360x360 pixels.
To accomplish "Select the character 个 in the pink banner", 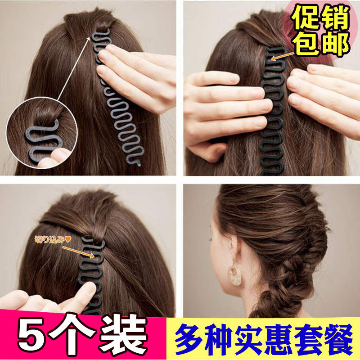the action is (x=73, y=335).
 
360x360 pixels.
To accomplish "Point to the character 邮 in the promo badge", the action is (x=335, y=44).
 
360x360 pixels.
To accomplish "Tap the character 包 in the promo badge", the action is (x=307, y=44).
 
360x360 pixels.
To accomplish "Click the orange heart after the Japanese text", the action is (x=68, y=239).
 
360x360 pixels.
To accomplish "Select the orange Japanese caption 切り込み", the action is (x=49, y=239).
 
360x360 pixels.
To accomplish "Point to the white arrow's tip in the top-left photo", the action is (x=90, y=37).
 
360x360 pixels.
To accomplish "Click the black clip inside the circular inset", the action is (x=44, y=140).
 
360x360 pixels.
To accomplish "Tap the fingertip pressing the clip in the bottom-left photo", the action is (x=90, y=288).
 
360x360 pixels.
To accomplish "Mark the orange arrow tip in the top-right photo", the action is (x=272, y=59).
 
